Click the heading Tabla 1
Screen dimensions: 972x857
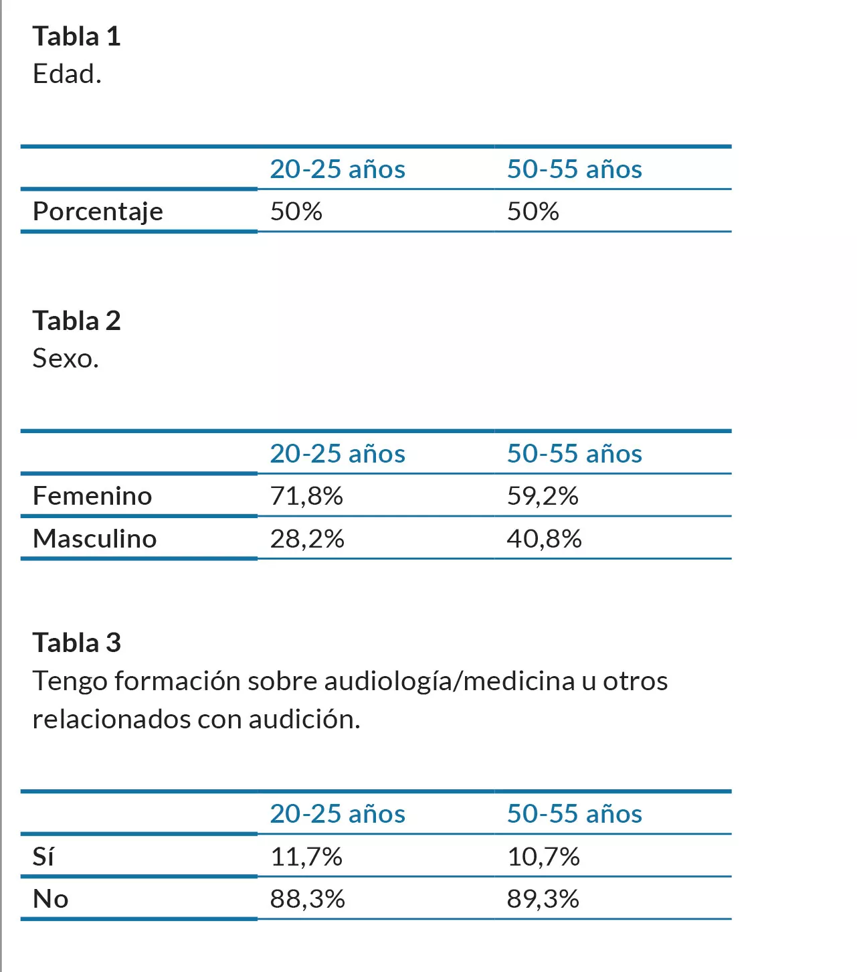pos(76,36)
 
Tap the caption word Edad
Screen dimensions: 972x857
pos(67,74)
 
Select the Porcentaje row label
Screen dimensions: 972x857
pos(98,212)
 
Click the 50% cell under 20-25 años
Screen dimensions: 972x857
pos(296,212)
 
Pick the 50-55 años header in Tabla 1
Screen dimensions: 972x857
pos(574,169)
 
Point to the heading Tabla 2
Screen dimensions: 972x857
pos(76,321)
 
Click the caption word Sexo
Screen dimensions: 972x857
pos(66,359)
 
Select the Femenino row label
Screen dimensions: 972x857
pos(92,496)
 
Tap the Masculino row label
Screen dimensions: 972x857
pos(94,539)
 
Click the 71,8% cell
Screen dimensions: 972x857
pos(306,496)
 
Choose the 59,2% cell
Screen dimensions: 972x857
pos(543,496)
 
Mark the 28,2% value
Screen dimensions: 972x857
pos(307,539)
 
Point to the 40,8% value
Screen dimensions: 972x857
pos(544,539)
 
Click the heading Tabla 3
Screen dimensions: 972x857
pos(76,643)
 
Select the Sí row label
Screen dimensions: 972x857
pos(43,857)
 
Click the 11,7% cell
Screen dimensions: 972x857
pos(306,857)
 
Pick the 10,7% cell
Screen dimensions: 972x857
pos(543,857)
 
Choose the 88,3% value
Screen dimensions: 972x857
pos(307,899)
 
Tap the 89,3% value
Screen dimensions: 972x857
pos(543,899)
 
